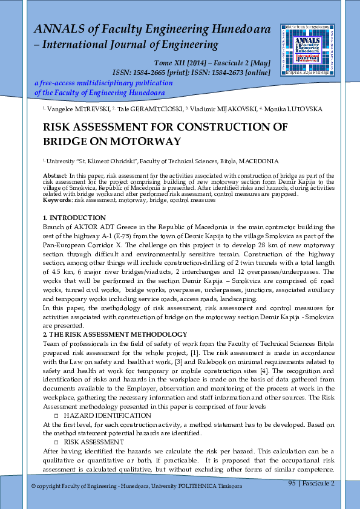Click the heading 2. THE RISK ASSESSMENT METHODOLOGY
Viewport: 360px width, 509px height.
coord(115,334)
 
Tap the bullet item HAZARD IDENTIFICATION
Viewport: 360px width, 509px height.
coord(107,416)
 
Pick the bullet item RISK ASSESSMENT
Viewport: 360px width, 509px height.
coord(94,442)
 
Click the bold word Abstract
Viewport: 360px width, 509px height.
coord(55,175)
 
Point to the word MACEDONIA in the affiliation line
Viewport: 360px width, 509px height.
coord(258,161)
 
